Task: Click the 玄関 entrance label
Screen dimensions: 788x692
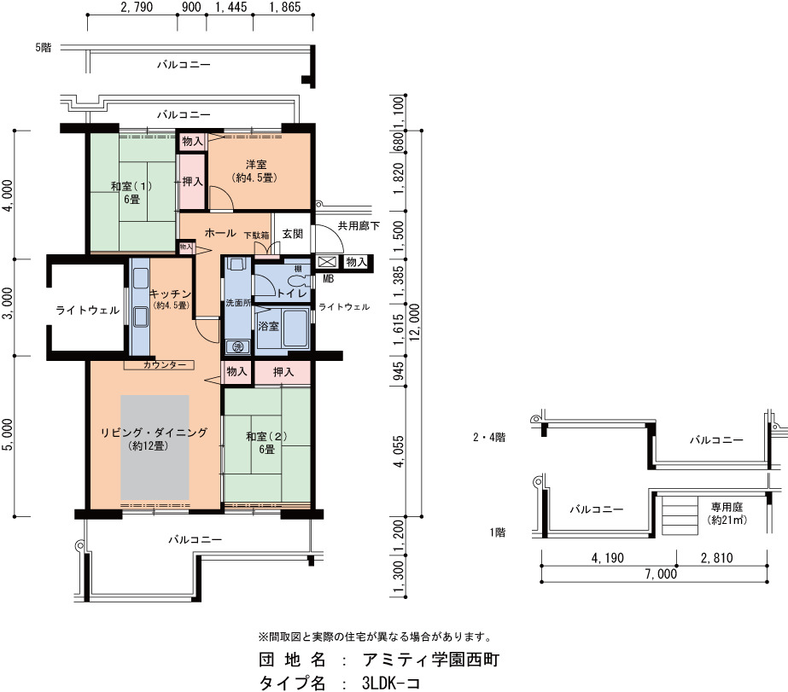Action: click(293, 234)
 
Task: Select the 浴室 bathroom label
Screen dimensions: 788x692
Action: click(268, 327)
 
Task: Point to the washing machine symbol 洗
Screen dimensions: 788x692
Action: click(237, 346)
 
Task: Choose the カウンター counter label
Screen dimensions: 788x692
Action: click(164, 365)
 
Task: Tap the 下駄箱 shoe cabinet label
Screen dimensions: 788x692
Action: click(256, 235)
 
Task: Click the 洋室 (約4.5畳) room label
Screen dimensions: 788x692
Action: click(255, 171)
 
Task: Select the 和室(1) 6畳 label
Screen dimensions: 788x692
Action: click(131, 193)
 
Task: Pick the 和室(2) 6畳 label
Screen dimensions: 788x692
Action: click(267, 443)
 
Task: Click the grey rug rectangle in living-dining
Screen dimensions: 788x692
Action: click(155, 447)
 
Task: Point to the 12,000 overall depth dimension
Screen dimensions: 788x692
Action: click(415, 323)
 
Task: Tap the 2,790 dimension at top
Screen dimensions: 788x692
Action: click(137, 7)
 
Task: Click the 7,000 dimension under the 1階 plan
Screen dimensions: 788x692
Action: click(661, 574)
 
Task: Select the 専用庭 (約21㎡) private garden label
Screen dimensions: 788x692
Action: click(727, 514)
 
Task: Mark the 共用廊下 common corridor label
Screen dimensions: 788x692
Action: click(359, 226)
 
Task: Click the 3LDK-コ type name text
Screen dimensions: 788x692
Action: click(390, 683)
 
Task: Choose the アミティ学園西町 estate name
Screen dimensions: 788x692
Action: click(431, 660)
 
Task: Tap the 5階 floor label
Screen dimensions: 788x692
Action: click(44, 48)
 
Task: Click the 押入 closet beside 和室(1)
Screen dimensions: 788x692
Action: click(192, 181)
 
